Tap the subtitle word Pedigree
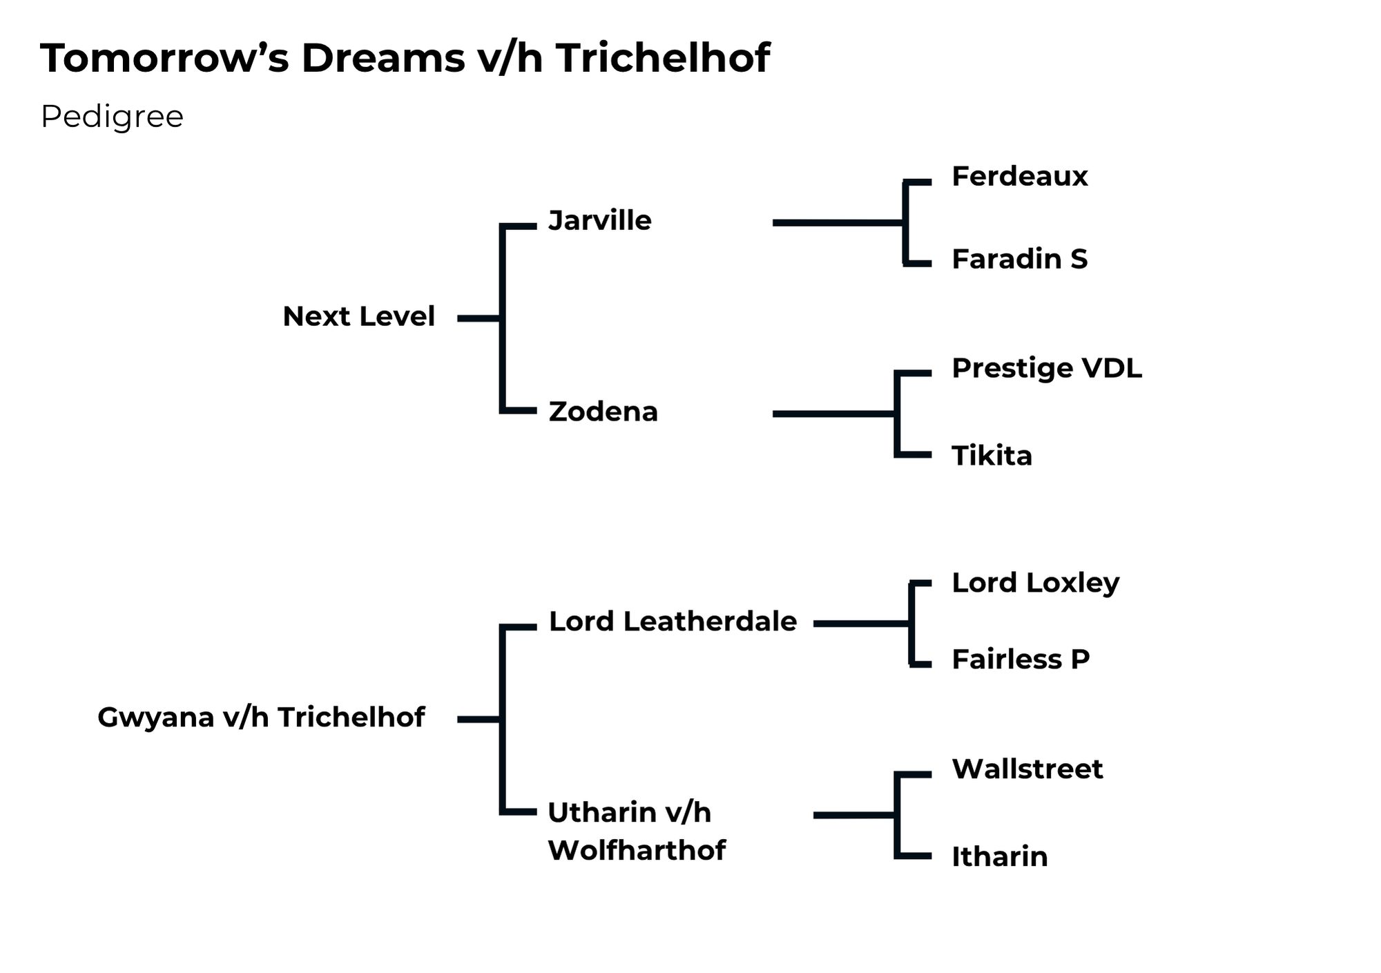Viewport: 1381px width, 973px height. [112, 117]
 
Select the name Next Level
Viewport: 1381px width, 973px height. [358, 316]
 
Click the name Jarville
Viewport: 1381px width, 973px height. [599, 221]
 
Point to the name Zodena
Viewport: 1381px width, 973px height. [603, 412]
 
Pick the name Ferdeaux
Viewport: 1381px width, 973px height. [1019, 177]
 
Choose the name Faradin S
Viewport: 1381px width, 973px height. [1019, 259]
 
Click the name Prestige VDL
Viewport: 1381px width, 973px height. [1046, 368]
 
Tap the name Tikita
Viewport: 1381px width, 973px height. [992, 456]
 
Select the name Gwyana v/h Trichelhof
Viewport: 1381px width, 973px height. [261, 717]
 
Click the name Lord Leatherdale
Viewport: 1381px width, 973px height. [673, 622]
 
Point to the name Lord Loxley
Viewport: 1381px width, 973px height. [1035, 583]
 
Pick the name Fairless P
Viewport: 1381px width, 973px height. [1021, 659]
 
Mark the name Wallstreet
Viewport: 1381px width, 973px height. [1027, 769]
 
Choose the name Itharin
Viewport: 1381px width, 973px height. [999, 857]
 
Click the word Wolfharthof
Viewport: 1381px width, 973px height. [637, 850]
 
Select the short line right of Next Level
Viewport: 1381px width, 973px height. [479, 318]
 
